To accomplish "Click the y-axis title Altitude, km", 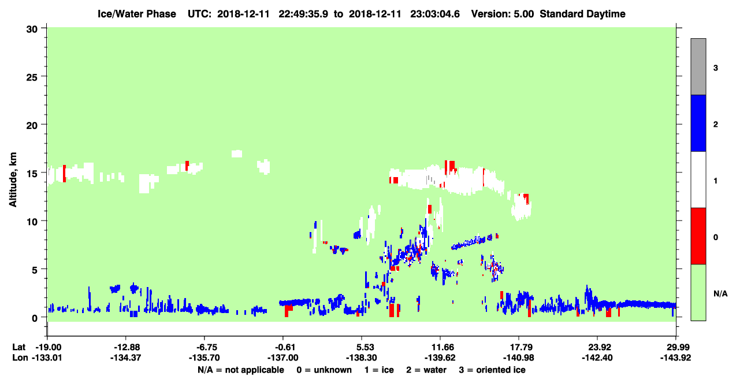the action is pyautogui.click(x=13, y=180).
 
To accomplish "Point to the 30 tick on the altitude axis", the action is pyautogui.click(x=32, y=30).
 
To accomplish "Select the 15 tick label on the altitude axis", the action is pyautogui.click(x=32, y=174).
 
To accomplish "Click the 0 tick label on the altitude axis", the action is pyautogui.click(x=35, y=318).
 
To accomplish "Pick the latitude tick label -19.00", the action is pyautogui.click(x=49, y=347).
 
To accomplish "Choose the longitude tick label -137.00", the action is pyautogui.click(x=282, y=358).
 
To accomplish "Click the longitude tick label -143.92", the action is pyautogui.click(x=675, y=358).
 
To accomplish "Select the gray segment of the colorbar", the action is pyautogui.click(x=698, y=67).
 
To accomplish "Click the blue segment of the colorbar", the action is pyautogui.click(x=698, y=123).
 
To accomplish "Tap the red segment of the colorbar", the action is pyautogui.click(x=698, y=236).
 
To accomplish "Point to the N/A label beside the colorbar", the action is pyautogui.click(x=720, y=294).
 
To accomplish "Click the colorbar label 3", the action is pyautogui.click(x=715, y=68).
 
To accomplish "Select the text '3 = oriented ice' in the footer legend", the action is pyautogui.click(x=492, y=370).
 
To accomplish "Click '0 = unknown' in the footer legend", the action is pyautogui.click(x=324, y=370).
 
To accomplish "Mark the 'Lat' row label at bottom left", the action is pyautogui.click(x=18, y=347).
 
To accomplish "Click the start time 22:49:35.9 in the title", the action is pyautogui.click(x=303, y=14).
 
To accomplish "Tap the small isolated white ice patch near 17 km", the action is pyautogui.click(x=237, y=154).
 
